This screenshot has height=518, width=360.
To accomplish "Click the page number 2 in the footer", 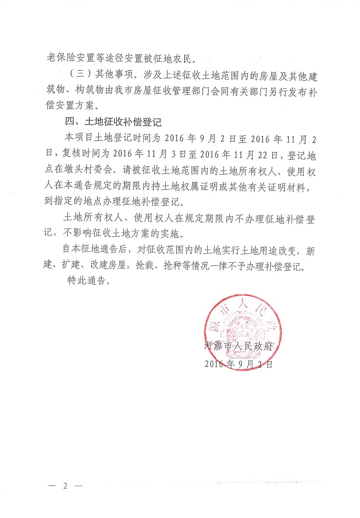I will pos(66,486).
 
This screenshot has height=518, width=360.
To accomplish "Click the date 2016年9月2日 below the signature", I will pos(239,363).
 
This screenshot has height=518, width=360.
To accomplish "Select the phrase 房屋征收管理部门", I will pos(158,90).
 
